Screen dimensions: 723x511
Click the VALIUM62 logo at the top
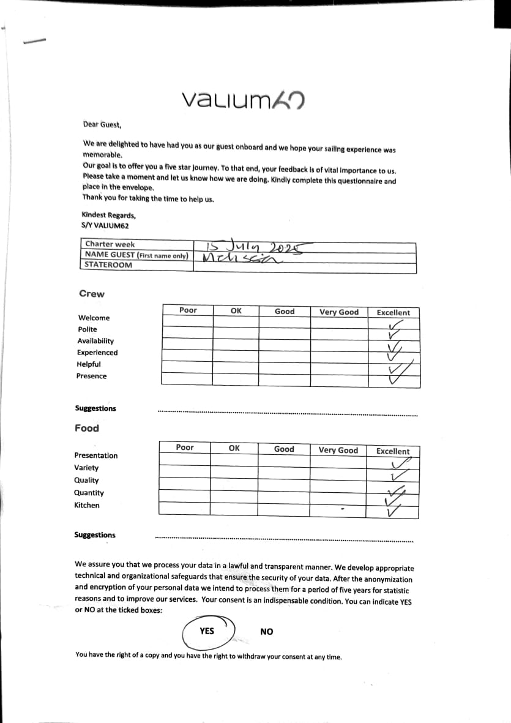(244, 99)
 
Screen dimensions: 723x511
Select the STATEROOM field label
(108, 265)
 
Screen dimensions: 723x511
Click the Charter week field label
(110, 244)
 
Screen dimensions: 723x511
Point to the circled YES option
(207, 631)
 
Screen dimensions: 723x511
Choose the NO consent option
(267, 632)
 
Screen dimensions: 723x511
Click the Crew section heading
(92, 294)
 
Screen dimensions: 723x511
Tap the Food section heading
(87, 429)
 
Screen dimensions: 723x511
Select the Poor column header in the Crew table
(188, 310)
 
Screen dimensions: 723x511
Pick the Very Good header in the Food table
(338, 450)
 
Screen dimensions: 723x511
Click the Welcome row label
(94, 318)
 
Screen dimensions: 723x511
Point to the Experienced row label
(97, 353)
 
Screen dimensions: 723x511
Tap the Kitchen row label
(86, 505)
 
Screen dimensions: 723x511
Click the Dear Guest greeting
(102, 125)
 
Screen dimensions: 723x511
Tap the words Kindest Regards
(108, 215)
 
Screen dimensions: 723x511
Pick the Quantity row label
(89, 493)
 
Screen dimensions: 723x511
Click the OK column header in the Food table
(234, 448)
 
